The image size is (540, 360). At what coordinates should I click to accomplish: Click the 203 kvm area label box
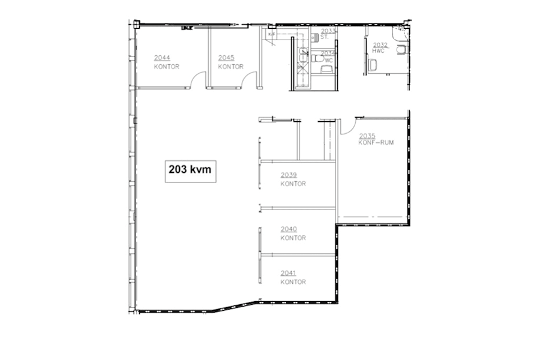pos(191,170)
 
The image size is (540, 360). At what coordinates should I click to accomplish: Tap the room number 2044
pos(161,58)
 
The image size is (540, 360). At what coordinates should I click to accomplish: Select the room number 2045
pos(226,58)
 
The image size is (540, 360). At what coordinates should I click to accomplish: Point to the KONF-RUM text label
pos(376,143)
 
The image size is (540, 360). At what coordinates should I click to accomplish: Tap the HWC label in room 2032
pos(378,51)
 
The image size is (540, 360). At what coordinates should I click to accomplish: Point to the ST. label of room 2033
pos(325,37)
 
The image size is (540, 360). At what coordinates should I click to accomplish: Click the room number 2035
pos(367,136)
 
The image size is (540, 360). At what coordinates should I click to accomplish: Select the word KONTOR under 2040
pos(293,238)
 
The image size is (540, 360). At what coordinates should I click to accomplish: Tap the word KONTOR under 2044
pos(166,67)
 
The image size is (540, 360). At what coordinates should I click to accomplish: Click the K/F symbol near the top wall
pos(272,34)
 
